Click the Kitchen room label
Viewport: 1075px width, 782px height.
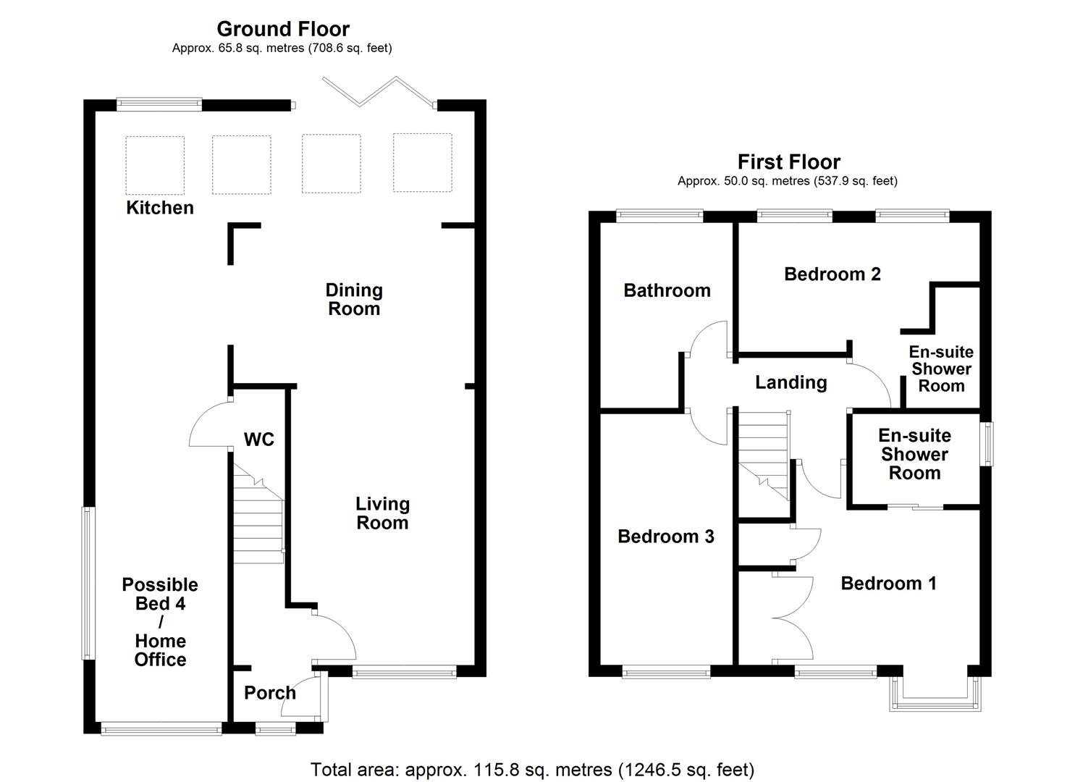click(x=160, y=208)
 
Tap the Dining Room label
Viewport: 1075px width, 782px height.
click(x=353, y=299)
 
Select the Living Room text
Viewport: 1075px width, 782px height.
click(x=382, y=513)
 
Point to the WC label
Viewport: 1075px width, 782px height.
click(x=258, y=440)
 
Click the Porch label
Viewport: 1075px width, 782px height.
click(x=270, y=693)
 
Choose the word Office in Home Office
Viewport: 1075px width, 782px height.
click(x=160, y=660)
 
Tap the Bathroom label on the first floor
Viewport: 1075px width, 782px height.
click(x=667, y=290)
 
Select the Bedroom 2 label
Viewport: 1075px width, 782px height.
click(x=832, y=274)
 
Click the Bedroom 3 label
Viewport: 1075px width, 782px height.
click(x=665, y=536)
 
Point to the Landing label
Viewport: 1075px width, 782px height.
click(x=791, y=382)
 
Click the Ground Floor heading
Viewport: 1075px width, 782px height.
click(x=283, y=29)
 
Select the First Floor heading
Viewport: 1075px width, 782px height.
click(x=788, y=161)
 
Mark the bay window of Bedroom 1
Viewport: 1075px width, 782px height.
click(x=936, y=695)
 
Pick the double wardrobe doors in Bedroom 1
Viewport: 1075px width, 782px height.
click(x=793, y=618)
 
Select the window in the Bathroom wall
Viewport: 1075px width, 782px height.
click(x=659, y=216)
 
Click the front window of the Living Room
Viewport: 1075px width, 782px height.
click(x=404, y=673)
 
